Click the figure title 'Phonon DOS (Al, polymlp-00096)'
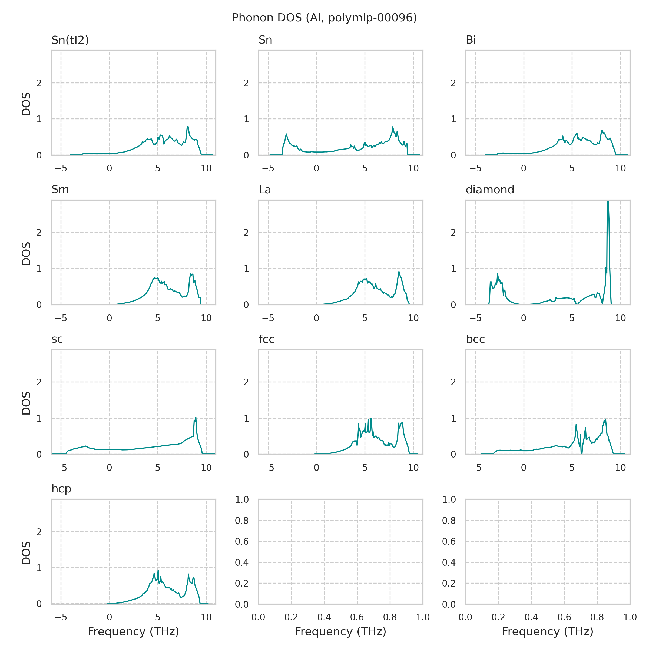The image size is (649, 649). click(324, 18)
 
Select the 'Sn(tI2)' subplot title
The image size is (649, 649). click(70, 40)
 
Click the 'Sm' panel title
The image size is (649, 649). click(60, 190)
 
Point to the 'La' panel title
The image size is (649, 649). click(265, 190)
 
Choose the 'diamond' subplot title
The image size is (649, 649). click(490, 190)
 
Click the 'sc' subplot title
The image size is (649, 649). click(57, 339)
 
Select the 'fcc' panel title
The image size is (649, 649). click(266, 339)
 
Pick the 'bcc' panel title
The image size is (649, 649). click(475, 339)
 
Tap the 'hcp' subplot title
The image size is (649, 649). click(61, 489)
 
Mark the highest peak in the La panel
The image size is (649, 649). click(399, 272)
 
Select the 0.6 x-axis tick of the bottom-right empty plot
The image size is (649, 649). click(564, 617)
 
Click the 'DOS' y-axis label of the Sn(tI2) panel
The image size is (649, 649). click(26, 104)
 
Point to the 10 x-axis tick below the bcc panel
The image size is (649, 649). click(620, 468)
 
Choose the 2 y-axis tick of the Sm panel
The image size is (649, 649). click(39, 233)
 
